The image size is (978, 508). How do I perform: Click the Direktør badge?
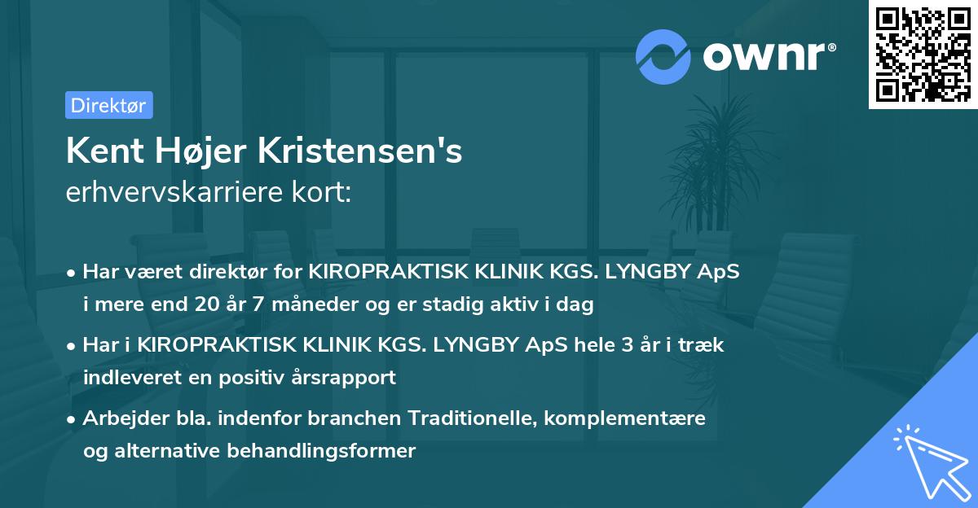tap(108, 105)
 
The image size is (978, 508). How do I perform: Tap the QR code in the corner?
tap(923, 55)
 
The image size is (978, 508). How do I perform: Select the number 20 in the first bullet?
tap(209, 305)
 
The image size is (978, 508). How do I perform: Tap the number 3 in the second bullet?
tap(627, 344)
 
